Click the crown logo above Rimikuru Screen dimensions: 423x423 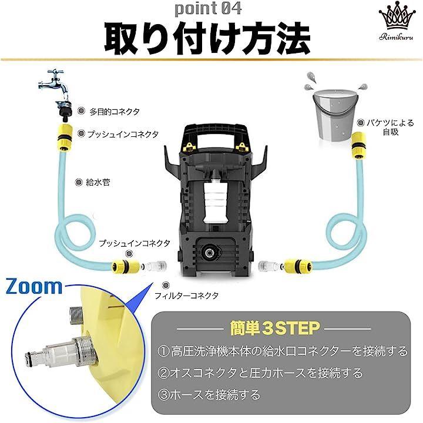tap(396, 16)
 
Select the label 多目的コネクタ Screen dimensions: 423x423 tap(115, 112)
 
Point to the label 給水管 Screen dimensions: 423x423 tap(98, 182)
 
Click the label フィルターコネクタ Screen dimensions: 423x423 tap(186, 296)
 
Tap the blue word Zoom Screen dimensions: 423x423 tap(34, 286)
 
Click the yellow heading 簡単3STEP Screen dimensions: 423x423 tap(275, 328)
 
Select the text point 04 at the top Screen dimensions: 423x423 tap(208, 9)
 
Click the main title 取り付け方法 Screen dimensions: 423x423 tap(207, 39)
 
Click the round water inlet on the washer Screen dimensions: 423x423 tap(210, 252)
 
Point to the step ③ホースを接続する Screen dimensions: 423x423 tap(209, 395)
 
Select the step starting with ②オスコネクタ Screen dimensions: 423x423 tap(260, 373)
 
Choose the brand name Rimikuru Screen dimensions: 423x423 tap(396, 37)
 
